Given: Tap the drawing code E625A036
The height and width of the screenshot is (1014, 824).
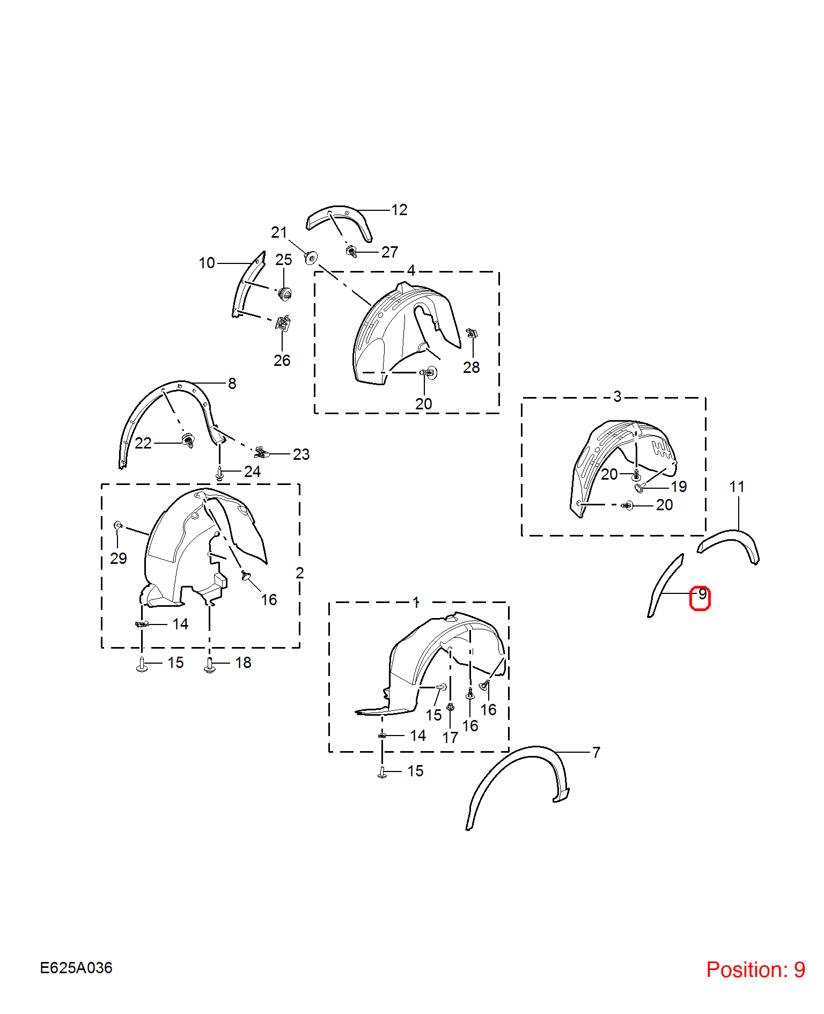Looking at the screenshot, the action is pyautogui.click(x=76, y=968).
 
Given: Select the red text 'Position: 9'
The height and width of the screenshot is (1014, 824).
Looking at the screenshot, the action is pyautogui.click(x=755, y=969).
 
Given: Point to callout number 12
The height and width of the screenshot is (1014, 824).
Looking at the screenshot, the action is pyautogui.click(x=399, y=210).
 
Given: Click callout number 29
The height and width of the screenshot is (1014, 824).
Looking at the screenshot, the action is pyautogui.click(x=119, y=559).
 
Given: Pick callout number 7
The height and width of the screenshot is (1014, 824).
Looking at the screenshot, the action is pyautogui.click(x=596, y=752).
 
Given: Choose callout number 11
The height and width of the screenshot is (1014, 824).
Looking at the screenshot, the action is pyautogui.click(x=737, y=487).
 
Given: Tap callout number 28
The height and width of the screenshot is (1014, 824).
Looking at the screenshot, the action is pyautogui.click(x=472, y=368).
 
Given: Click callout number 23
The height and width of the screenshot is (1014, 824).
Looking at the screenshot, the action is pyautogui.click(x=301, y=454).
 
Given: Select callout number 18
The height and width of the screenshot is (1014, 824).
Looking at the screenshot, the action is pyautogui.click(x=243, y=663).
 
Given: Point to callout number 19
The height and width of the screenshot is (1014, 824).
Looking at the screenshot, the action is pyautogui.click(x=679, y=487).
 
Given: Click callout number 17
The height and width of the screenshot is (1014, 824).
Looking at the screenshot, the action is pyautogui.click(x=450, y=738).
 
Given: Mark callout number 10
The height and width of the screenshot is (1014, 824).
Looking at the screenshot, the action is pyautogui.click(x=207, y=263).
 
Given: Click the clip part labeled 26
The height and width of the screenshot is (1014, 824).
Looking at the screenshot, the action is pyautogui.click(x=283, y=324).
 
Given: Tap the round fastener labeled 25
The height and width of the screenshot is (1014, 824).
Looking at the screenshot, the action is pyautogui.click(x=285, y=294).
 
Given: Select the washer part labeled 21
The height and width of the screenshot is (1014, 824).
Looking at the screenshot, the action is pyautogui.click(x=311, y=258).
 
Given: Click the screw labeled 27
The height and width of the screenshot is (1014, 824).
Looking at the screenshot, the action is pyautogui.click(x=352, y=251).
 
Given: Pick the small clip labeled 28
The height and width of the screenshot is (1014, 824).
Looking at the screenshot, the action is pyautogui.click(x=472, y=333).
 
